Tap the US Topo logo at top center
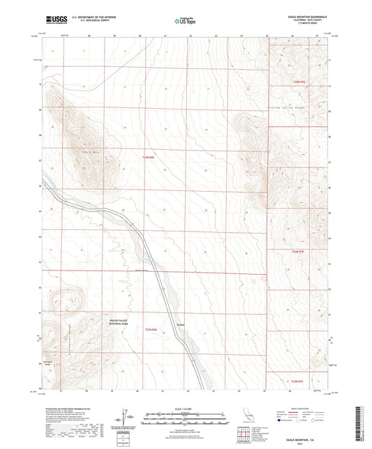point(185,21)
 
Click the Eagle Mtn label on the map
point(89,151)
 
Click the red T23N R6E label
point(151,329)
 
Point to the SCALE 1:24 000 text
point(185,408)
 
